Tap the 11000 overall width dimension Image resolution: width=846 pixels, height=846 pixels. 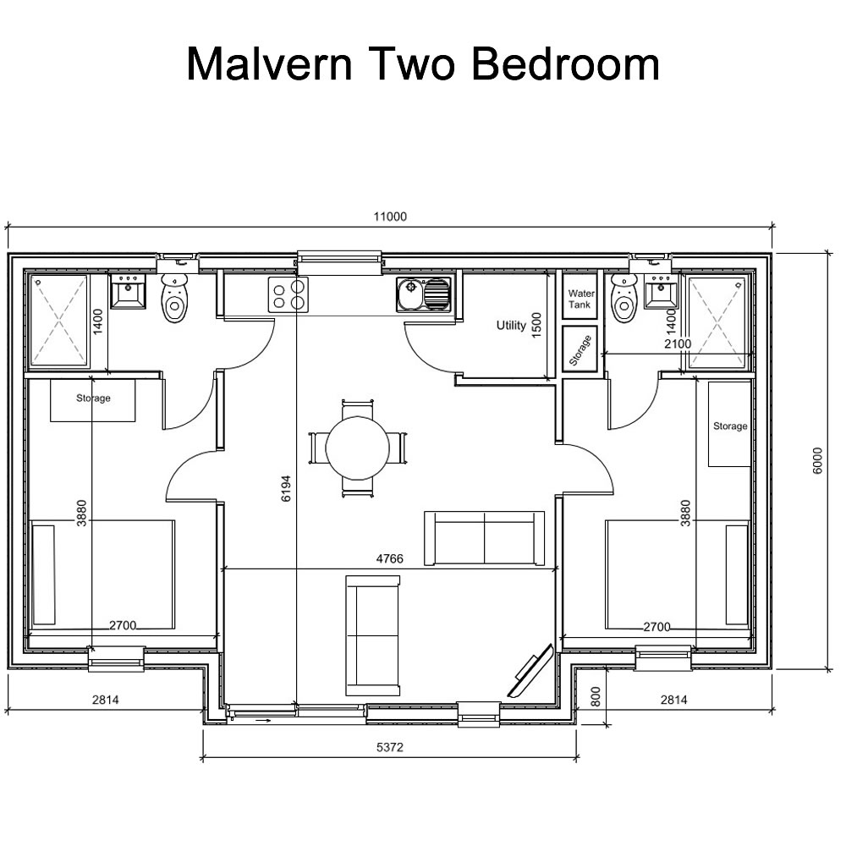click(390, 217)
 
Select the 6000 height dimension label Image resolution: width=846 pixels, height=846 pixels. click(817, 461)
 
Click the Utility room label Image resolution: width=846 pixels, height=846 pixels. click(511, 325)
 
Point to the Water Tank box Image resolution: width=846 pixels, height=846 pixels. click(580, 299)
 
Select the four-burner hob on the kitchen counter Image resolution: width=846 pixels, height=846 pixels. click(288, 294)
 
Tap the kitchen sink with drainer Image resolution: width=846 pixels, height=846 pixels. click(422, 294)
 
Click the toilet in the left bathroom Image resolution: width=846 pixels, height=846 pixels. click(175, 298)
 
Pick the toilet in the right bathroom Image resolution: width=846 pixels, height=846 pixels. click(624, 299)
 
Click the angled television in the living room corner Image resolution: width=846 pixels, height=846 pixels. click(530, 673)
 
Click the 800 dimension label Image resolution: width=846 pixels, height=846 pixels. click(595, 697)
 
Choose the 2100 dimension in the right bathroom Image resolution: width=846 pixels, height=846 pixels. click(677, 343)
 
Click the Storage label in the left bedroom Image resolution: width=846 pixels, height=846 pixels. click(93, 398)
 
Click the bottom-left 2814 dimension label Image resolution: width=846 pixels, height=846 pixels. click(107, 700)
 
